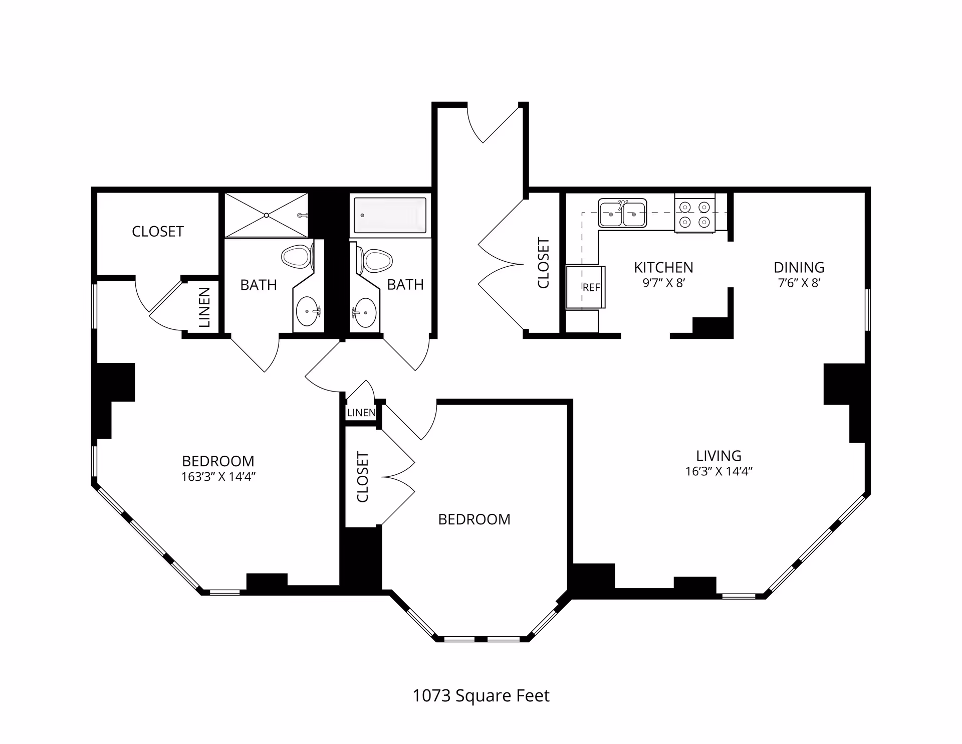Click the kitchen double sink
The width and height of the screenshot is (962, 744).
pos(622,213)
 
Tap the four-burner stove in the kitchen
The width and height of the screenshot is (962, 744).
pos(694,214)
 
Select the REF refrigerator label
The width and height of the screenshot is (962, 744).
pos(591,288)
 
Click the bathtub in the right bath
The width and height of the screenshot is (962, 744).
pos(390,215)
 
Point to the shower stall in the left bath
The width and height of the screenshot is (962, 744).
pos(266,215)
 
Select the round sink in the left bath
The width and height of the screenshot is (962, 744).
pos(308,311)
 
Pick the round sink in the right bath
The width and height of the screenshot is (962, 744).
pos(364,313)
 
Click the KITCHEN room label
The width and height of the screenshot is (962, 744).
pos(663,267)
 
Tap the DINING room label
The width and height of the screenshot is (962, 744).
pos(799,267)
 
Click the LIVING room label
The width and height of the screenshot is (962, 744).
pos(718,456)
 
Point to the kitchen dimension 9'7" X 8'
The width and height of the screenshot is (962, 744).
pos(663,283)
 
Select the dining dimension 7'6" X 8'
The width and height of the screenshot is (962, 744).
pos(799,283)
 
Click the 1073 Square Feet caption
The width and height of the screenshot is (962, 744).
pos(481,696)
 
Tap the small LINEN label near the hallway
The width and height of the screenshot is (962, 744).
pos(361,413)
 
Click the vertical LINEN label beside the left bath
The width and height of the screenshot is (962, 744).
pos(204,307)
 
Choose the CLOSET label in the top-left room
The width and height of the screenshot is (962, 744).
pos(158,232)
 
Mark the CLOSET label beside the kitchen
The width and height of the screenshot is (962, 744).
pos(544,263)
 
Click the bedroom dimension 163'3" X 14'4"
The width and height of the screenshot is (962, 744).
pos(218,477)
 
